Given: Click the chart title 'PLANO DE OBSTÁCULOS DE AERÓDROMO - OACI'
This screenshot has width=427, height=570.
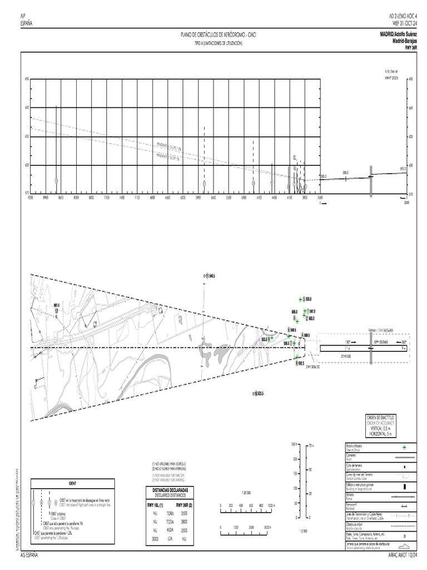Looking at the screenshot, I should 219,35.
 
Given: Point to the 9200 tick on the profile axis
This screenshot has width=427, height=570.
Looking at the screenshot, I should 31,197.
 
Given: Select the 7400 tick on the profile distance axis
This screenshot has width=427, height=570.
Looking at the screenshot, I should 122,197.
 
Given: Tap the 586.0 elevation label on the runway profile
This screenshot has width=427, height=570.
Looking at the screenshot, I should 346,173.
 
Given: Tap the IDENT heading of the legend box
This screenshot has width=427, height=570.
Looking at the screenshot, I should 72,483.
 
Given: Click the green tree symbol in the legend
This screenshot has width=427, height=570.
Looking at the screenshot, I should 404,447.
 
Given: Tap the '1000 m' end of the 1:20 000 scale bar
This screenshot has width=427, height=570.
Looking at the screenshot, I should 270,506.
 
